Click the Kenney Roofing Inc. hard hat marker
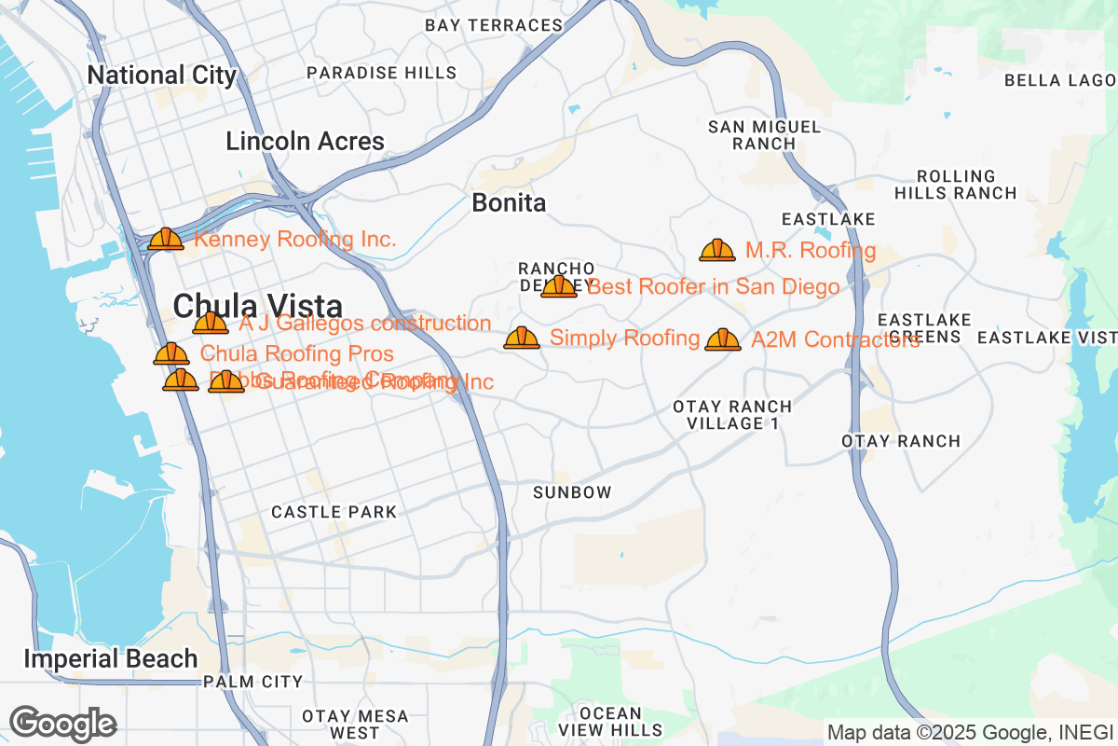click(166, 240)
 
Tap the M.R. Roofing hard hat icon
click(717, 250)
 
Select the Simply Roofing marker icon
click(522, 338)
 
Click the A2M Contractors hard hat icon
click(723, 339)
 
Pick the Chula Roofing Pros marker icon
click(171, 354)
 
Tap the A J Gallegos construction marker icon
click(211, 324)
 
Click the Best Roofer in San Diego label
click(714, 286)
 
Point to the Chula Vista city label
click(258, 305)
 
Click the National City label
click(161, 75)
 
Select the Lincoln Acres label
click(305, 142)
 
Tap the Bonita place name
click(509, 202)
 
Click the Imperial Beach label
click(110, 659)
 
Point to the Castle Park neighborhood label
click(334, 512)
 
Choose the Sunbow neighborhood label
click(572, 491)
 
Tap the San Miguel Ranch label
click(764, 135)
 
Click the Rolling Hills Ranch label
click(956, 185)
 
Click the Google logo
click(63, 724)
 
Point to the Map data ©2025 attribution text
click(969, 732)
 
